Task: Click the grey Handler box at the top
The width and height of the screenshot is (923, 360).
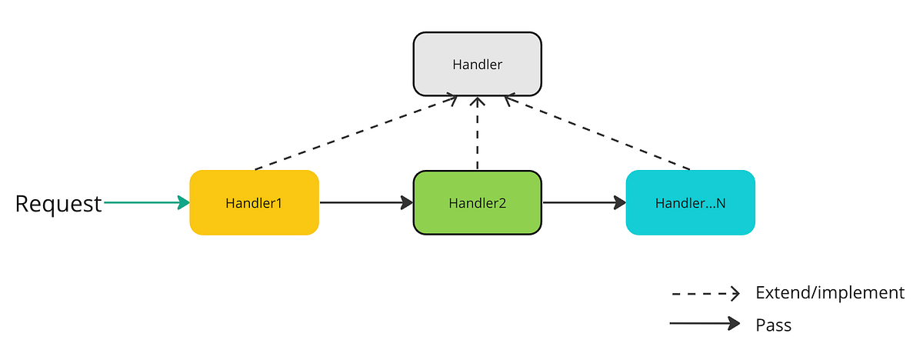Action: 477,64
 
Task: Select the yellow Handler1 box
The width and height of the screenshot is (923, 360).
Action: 254,203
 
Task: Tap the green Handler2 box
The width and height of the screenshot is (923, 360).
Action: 477,203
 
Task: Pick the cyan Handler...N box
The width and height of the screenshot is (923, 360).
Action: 690,203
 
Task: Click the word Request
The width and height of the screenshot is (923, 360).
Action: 58,204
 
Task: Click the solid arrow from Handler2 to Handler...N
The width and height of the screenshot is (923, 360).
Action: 583,203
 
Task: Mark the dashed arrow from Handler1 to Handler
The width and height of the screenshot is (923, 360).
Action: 354,132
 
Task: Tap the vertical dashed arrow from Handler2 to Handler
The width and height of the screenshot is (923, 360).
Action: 478,135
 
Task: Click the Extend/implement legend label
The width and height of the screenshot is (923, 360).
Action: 830,292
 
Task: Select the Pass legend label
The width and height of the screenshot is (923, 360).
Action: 773,325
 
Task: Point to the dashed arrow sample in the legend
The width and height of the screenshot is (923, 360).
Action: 704,293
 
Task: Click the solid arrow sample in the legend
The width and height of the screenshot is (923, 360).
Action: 704,324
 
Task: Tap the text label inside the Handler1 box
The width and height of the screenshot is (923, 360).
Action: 254,204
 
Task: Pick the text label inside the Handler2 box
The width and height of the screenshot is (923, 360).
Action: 477,204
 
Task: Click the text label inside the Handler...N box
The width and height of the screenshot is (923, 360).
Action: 690,204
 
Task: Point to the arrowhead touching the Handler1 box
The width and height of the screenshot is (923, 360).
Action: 183,203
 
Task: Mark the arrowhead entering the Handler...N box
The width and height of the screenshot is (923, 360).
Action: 619,203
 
